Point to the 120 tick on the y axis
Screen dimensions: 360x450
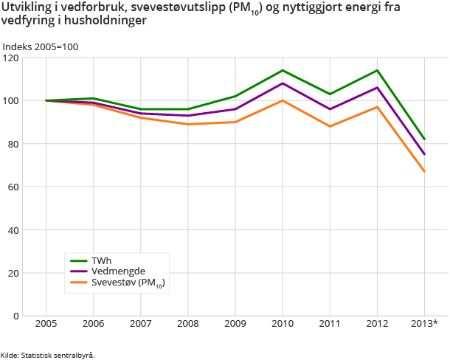10,58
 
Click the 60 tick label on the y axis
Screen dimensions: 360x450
13,187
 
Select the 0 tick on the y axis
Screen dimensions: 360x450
15,316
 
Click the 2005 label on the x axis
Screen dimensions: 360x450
46,325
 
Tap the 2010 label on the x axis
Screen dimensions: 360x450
283,325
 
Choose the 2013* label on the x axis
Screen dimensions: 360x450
424,325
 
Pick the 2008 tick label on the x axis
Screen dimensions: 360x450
187,325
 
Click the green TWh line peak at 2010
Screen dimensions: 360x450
283,70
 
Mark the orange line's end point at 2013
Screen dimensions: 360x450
424,171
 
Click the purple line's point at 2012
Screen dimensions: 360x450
377,88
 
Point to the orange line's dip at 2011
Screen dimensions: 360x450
330,126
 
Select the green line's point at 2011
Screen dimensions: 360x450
330,94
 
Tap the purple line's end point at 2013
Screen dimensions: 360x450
424,154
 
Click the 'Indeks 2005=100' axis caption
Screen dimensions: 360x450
40,47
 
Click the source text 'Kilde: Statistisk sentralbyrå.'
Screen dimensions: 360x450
47,354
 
